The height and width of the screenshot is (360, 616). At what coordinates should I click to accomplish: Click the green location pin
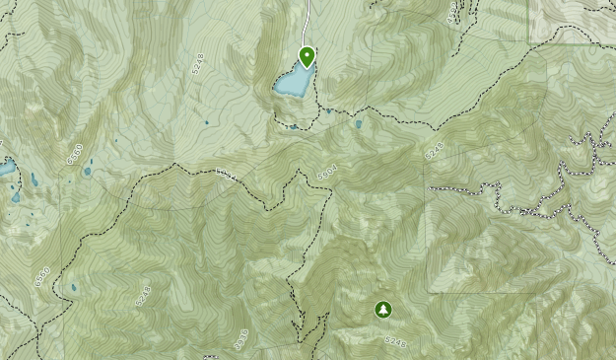[x=307, y=57]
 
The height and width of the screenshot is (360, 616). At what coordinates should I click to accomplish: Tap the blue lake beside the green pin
[x=292, y=82]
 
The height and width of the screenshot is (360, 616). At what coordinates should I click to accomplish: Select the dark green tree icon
[x=382, y=310]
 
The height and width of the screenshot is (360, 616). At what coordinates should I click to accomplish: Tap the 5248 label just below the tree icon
[x=395, y=341]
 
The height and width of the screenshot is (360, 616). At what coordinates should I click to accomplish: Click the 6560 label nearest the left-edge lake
[x=73, y=154]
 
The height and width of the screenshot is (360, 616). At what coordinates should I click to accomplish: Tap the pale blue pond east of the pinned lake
[x=358, y=125]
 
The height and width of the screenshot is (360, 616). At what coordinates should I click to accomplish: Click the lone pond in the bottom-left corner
[x=73, y=288]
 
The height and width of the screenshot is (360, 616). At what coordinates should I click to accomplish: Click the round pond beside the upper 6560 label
[x=87, y=171]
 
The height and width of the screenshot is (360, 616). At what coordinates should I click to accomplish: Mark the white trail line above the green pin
[x=308, y=20]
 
